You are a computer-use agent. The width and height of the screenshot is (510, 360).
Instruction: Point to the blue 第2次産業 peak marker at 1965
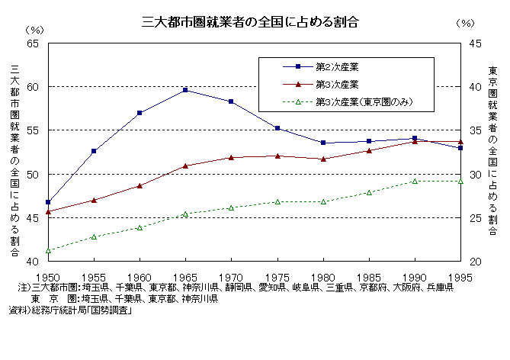185,90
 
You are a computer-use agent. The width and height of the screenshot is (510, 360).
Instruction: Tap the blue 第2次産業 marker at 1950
48,202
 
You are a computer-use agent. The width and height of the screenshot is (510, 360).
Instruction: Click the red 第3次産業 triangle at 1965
185,166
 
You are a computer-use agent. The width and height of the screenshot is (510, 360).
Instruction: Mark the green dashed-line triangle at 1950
48,250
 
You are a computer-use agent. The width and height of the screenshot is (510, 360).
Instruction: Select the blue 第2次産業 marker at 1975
277,128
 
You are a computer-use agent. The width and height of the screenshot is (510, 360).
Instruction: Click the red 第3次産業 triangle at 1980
323,159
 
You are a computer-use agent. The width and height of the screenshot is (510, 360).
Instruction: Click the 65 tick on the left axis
32,43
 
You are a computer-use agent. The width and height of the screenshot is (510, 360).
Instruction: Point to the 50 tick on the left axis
32,175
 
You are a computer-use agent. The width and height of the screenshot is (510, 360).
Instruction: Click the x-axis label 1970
231,277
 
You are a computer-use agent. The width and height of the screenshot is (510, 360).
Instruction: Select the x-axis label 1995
460,277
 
